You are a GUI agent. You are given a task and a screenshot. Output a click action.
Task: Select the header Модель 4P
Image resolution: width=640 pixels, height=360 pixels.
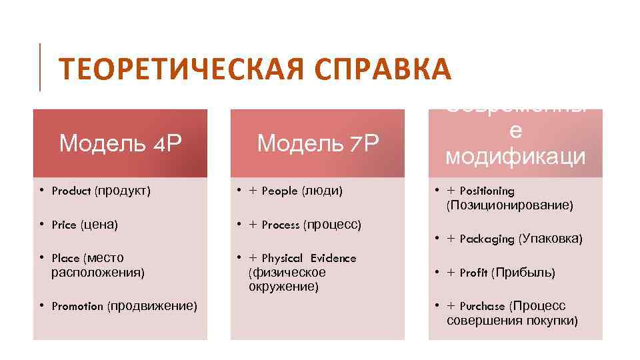click(x=120, y=143)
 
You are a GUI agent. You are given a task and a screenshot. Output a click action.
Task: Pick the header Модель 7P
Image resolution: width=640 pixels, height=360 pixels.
click(x=317, y=143)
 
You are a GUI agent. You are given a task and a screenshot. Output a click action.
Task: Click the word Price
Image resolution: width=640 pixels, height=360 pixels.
click(x=64, y=225)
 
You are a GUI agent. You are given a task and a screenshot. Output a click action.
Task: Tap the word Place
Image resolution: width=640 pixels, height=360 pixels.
click(x=65, y=258)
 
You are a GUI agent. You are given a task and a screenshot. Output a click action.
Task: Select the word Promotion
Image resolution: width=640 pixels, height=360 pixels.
click(x=77, y=307)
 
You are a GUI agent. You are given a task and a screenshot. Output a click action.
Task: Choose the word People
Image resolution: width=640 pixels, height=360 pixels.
click(x=280, y=191)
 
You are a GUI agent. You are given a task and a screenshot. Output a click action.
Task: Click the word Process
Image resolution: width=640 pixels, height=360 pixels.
click(x=281, y=225)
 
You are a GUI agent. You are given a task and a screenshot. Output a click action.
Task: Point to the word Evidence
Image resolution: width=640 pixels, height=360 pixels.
click(x=333, y=258)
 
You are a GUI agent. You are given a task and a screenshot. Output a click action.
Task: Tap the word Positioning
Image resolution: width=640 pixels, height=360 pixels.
click(x=487, y=191)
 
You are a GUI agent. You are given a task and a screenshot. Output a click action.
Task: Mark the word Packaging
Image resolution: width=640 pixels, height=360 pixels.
click(x=487, y=239)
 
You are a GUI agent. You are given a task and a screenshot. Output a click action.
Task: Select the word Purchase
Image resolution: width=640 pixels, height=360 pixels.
click(x=483, y=307)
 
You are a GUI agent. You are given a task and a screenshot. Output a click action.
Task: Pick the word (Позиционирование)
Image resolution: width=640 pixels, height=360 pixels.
click(x=510, y=205)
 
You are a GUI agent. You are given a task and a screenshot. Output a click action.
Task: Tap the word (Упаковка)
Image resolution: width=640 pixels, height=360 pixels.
click(x=551, y=238)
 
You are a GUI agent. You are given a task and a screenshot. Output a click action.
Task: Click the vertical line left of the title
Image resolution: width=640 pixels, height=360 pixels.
click(x=40, y=67)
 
